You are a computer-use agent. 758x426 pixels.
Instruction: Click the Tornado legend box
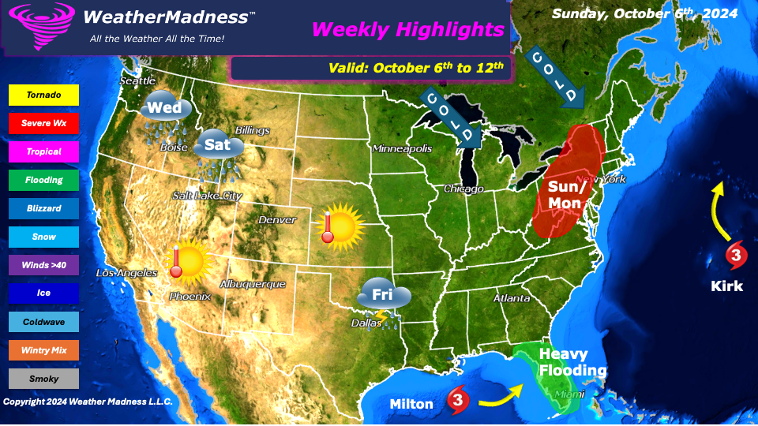tap(43, 95)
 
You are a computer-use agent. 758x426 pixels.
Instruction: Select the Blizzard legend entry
tap(43, 208)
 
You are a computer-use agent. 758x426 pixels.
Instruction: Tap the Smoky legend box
tap(43, 379)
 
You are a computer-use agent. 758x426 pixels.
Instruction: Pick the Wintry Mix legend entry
tap(43, 350)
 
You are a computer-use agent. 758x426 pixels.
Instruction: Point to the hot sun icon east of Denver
tap(341, 227)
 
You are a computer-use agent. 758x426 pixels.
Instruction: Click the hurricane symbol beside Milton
tap(458, 401)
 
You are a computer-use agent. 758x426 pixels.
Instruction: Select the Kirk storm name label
tap(726, 286)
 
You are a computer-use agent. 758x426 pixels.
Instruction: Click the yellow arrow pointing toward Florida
tap(502, 397)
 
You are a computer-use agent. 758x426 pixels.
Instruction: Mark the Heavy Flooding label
tap(572, 363)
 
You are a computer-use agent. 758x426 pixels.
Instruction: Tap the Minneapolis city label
tap(402, 148)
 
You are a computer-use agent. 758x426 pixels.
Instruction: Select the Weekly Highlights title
tap(407, 30)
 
